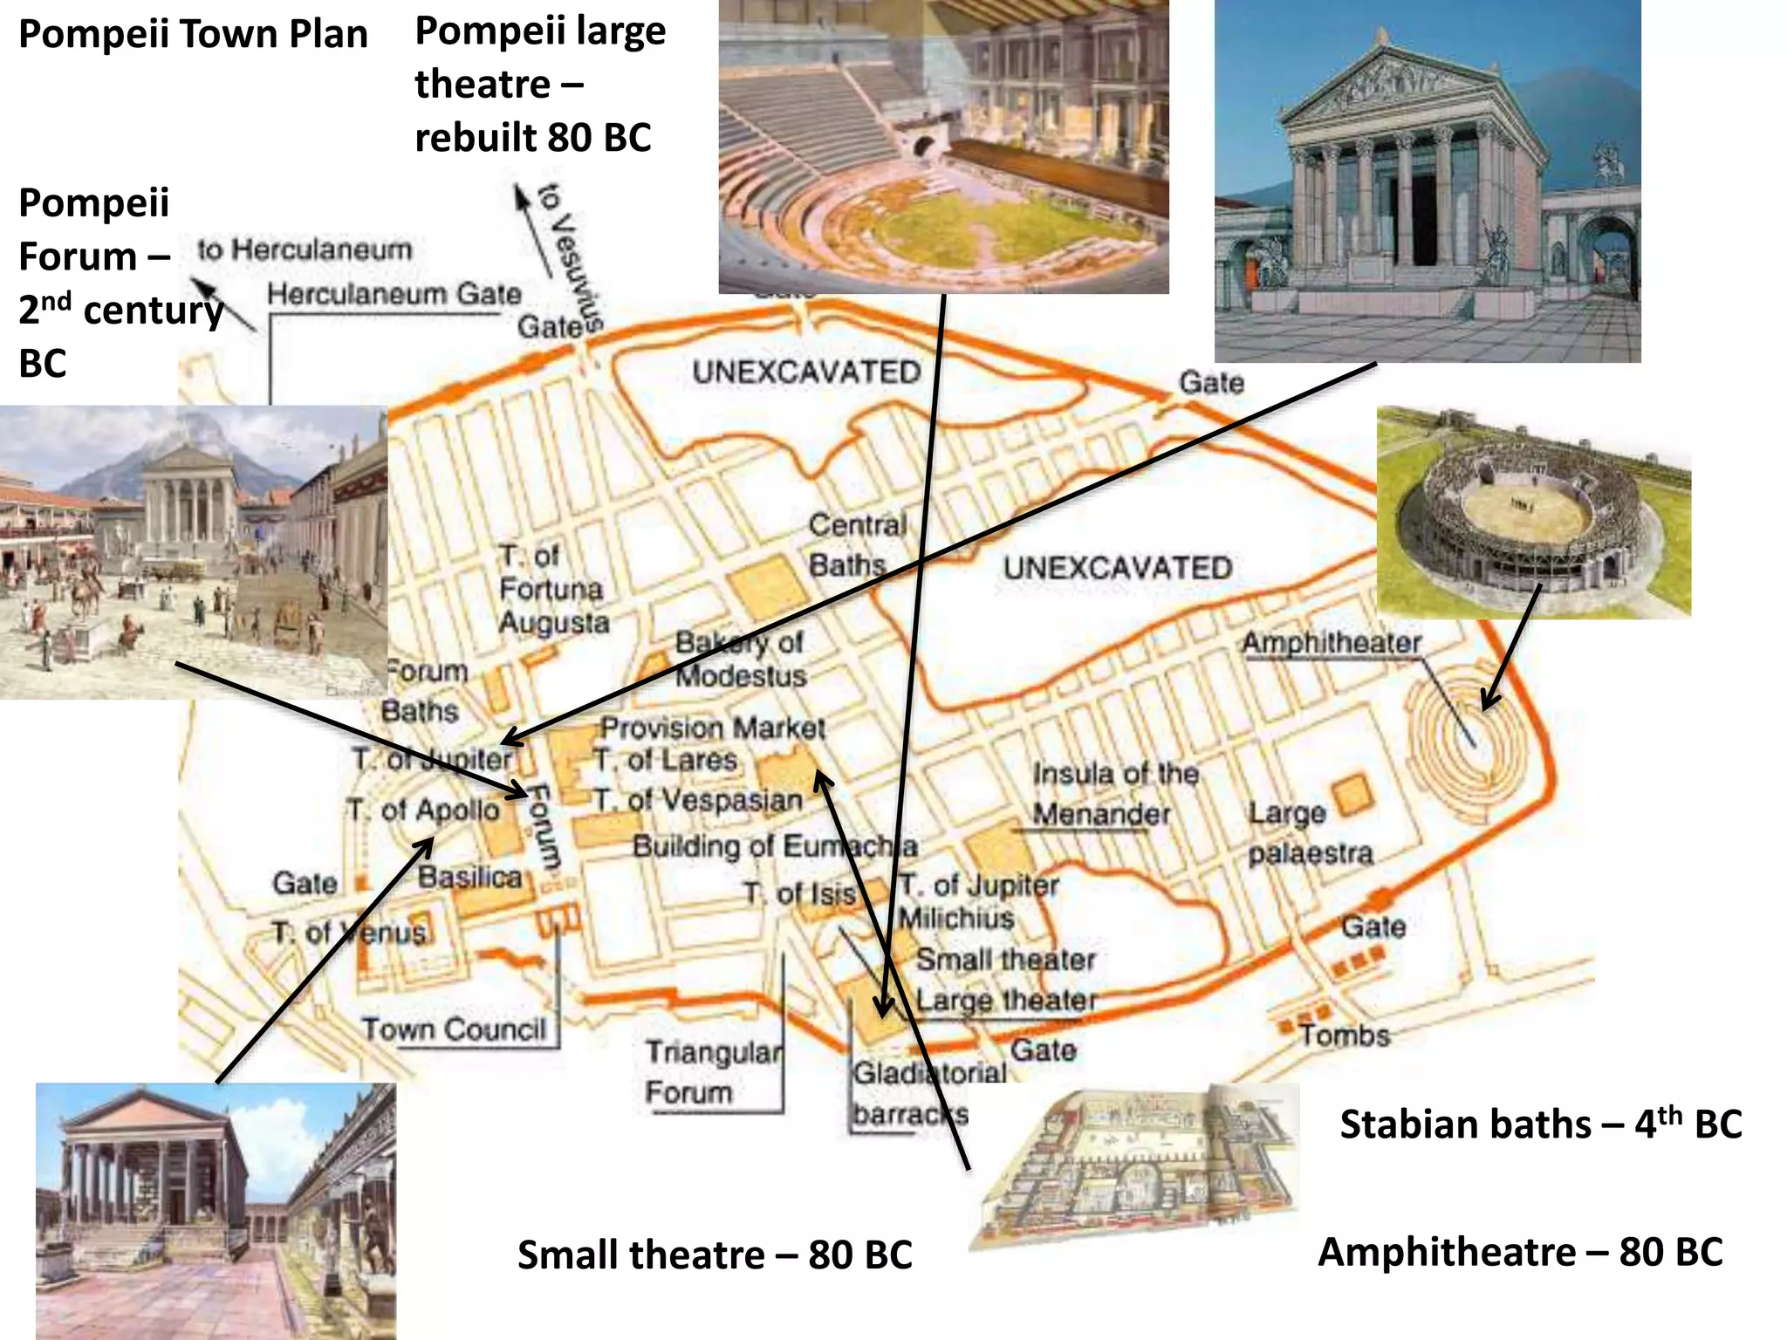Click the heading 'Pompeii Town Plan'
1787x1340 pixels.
pyautogui.click(x=193, y=35)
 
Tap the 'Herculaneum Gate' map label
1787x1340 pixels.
pyautogui.click(x=394, y=294)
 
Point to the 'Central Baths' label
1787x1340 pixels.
pyautogui.click(x=857, y=545)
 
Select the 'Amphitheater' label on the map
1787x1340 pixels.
pyautogui.click(x=1332, y=643)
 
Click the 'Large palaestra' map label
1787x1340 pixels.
pyautogui.click(x=1309, y=833)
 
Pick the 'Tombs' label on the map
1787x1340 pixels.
pyautogui.click(x=1344, y=1036)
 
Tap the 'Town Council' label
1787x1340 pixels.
pyautogui.click(x=454, y=1029)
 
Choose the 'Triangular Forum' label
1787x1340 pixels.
pyautogui.click(x=713, y=1072)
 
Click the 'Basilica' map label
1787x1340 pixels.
pyautogui.click(x=469, y=877)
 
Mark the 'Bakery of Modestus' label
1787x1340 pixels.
pyautogui.click(x=741, y=659)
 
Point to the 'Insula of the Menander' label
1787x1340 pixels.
pyautogui.click(x=1114, y=794)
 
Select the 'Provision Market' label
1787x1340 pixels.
pyautogui.click(x=712, y=728)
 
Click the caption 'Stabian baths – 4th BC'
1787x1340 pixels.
pyautogui.click(x=1540, y=1124)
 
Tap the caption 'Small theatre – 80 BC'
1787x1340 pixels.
pyautogui.click(x=715, y=1255)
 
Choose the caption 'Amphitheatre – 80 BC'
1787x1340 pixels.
pyautogui.click(x=1520, y=1252)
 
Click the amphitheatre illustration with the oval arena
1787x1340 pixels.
pyautogui.click(x=1533, y=512)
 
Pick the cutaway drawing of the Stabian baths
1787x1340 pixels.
pyautogui.click(x=1134, y=1165)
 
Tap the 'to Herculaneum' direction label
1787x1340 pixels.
pyautogui.click(x=304, y=250)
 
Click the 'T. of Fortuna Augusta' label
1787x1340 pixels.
pyautogui.click(x=552, y=590)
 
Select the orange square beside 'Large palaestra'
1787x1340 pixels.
pyautogui.click(x=1352, y=794)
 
